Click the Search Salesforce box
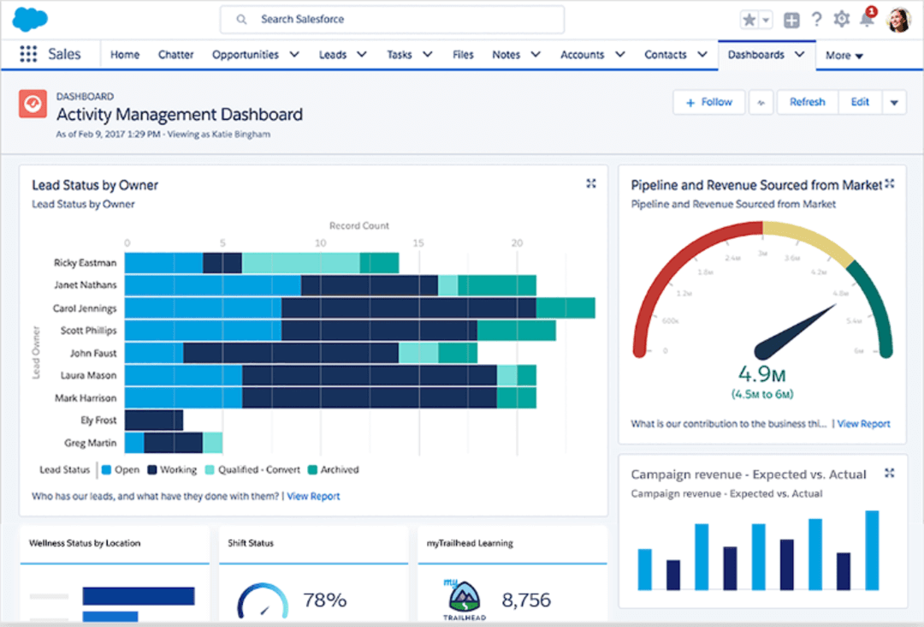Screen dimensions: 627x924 pyautogui.click(x=392, y=19)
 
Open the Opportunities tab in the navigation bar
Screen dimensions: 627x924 pyautogui.click(x=246, y=55)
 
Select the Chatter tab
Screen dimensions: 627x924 pyautogui.click(x=175, y=55)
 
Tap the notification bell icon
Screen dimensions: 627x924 pyautogui.click(x=867, y=20)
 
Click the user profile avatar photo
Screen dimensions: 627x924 pyautogui.click(x=898, y=19)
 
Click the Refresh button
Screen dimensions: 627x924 pyautogui.click(x=807, y=102)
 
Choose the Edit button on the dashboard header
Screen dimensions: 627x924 pyautogui.click(x=860, y=102)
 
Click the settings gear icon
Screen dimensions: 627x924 pyautogui.click(x=842, y=20)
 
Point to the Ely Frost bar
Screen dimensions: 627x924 pyautogui.click(x=154, y=420)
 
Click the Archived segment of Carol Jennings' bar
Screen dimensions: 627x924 pyautogui.click(x=566, y=308)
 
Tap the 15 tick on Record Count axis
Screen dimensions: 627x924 pyautogui.click(x=418, y=243)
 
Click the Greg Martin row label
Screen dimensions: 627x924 pyautogui.click(x=91, y=443)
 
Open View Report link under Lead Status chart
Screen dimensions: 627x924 pyautogui.click(x=313, y=496)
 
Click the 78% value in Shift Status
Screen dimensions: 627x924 pyautogui.click(x=325, y=600)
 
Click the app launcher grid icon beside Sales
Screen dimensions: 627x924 pyautogui.click(x=28, y=55)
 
